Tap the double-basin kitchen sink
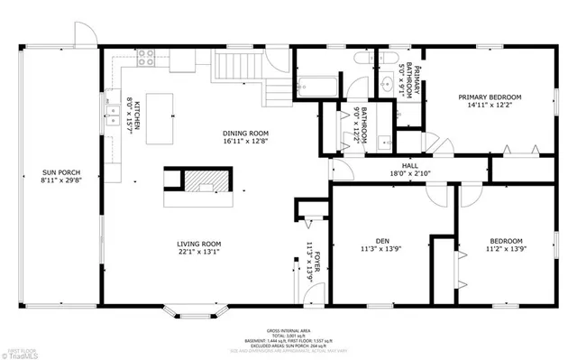(x=113, y=115)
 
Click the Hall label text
(x=409, y=166)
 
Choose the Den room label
(x=382, y=241)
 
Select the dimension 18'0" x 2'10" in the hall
(x=409, y=174)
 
